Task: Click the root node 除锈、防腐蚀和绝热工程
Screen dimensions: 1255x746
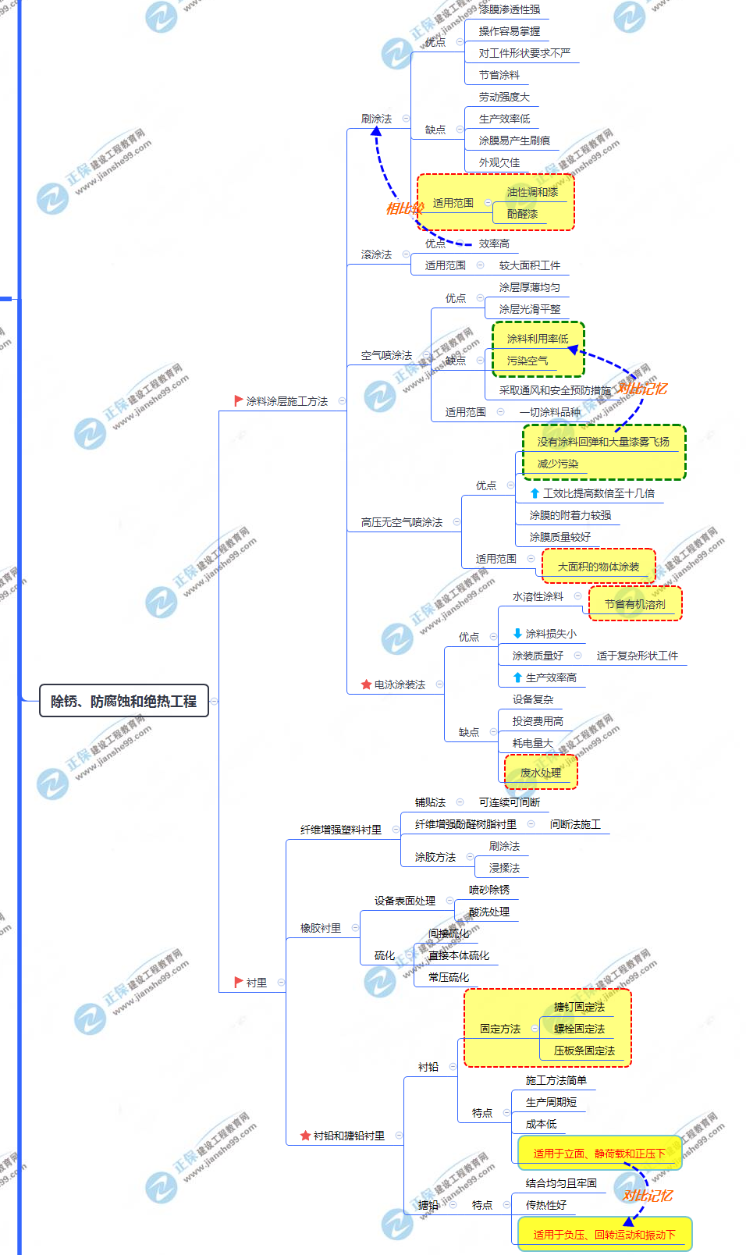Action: pos(123,701)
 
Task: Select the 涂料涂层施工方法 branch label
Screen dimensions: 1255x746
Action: pos(286,401)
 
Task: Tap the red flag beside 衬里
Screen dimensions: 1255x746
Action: pos(239,982)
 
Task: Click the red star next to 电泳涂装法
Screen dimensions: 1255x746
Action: pos(366,684)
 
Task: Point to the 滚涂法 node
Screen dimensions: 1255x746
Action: pos(376,254)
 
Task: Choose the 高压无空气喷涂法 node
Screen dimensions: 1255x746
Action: pos(401,522)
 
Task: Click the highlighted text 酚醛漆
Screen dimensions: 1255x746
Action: pos(522,214)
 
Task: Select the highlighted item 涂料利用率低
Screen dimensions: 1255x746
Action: pos(537,339)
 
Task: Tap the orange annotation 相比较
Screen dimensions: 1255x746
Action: pos(404,208)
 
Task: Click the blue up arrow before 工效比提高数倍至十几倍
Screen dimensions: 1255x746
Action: pos(535,493)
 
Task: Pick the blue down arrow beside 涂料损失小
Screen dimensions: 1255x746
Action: pos(517,634)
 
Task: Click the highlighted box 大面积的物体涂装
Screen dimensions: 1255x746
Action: pos(598,567)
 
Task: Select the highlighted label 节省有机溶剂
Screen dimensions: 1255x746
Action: pos(634,604)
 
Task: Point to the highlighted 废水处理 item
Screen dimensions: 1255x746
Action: pos(540,773)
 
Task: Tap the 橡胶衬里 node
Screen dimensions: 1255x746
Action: pos(321,928)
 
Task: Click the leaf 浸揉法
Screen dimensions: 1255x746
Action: pos(504,868)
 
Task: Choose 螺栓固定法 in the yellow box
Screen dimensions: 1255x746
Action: pos(579,1029)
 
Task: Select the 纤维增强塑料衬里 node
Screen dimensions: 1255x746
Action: pos(341,830)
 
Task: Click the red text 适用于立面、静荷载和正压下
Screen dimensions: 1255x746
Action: pos(599,1154)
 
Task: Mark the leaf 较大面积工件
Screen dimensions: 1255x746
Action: pos(529,265)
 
